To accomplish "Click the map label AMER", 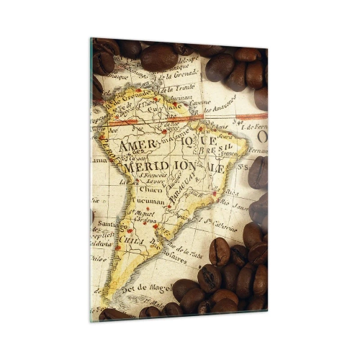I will pos(137,146).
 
